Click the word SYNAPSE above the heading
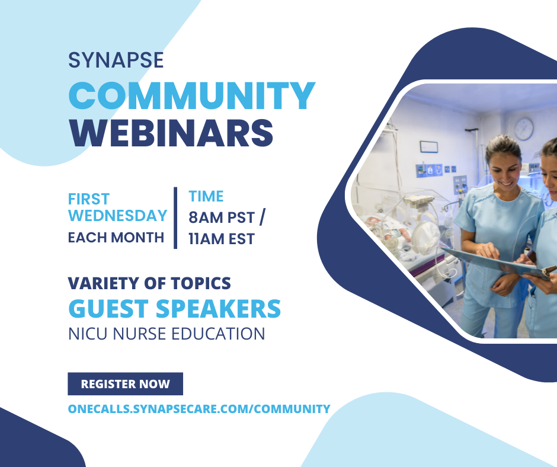click(116, 60)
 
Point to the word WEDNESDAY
click(117, 215)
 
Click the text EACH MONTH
click(116, 238)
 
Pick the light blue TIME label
click(206, 196)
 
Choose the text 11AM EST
click(221, 239)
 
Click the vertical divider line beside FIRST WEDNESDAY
click(175, 217)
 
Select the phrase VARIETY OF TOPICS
click(149, 283)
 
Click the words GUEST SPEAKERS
click(175, 309)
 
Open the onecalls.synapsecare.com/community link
click(199, 408)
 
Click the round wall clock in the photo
click(523, 128)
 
